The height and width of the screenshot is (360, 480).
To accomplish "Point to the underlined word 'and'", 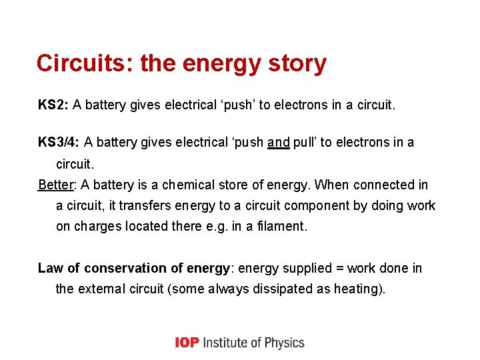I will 278,142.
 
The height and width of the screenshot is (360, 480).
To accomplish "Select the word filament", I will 279,226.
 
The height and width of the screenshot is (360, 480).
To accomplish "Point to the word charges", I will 97,226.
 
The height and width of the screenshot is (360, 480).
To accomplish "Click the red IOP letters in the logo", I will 187,343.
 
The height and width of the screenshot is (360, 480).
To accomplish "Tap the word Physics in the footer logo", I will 282,343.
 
